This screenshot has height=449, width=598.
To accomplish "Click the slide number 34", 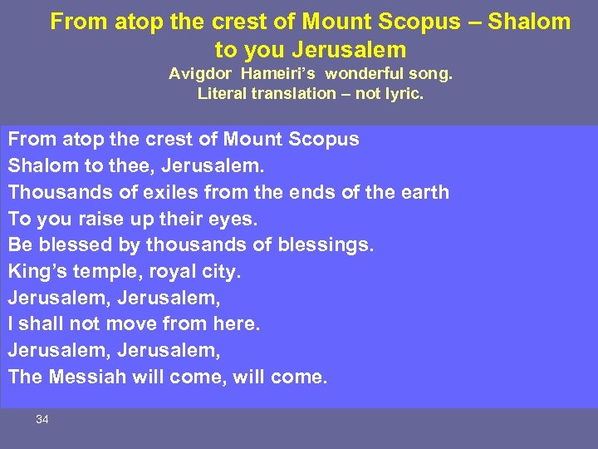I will coord(42,420).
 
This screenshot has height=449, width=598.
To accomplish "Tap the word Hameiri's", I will coord(272,73).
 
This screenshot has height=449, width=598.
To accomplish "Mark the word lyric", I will coord(402,93).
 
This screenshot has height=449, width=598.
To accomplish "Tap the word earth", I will coord(423,192).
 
